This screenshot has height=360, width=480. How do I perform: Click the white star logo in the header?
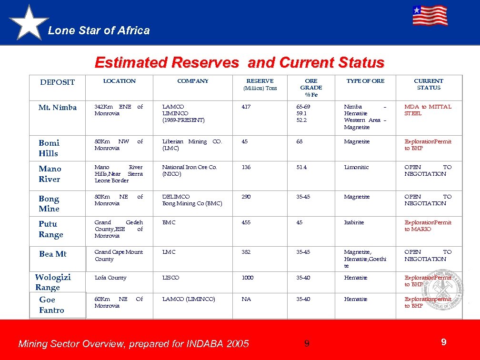(x=29, y=23)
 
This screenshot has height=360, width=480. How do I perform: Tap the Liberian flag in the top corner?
(x=430, y=16)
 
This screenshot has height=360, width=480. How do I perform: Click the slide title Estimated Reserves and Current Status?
(x=240, y=62)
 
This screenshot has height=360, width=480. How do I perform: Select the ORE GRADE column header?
(x=311, y=88)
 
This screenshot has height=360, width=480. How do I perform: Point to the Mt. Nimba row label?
(x=57, y=108)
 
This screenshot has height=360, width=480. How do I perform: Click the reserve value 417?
(x=246, y=107)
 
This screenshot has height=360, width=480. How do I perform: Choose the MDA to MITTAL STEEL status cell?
(x=428, y=110)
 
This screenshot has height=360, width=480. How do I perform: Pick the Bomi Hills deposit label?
(x=49, y=148)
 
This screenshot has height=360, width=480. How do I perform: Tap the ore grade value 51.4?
(x=302, y=168)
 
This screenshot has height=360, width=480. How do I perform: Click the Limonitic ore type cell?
(x=356, y=168)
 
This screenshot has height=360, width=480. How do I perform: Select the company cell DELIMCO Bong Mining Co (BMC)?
(x=192, y=200)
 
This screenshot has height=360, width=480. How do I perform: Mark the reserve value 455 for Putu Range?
(x=246, y=222)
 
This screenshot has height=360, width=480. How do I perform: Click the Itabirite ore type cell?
(x=354, y=222)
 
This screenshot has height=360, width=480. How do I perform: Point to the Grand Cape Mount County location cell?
(x=118, y=255)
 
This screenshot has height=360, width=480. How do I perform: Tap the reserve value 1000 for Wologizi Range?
(x=247, y=278)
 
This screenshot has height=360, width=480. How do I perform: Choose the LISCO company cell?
(x=170, y=278)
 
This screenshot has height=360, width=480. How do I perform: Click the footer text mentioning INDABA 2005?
(x=133, y=344)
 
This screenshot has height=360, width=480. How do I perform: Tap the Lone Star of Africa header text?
(x=99, y=30)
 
